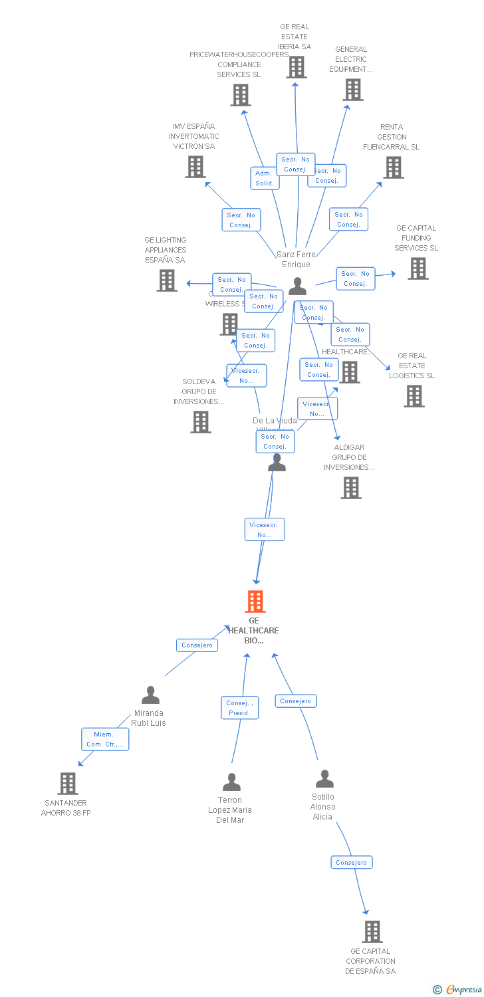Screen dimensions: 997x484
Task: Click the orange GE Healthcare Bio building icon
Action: (x=255, y=601)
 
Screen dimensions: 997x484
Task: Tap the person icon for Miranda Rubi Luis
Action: (x=151, y=695)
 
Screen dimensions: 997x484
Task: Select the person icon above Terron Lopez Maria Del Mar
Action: (x=231, y=782)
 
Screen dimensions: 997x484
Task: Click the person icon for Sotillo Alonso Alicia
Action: (x=324, y=778)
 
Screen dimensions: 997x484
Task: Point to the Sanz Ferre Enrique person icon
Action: (x=297, y=286)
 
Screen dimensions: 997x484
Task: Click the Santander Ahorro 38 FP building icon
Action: (x=68, y=784)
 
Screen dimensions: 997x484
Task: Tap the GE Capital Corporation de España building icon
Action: (x=372, y=932)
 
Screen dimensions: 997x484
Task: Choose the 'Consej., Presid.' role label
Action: (x=239, y=708)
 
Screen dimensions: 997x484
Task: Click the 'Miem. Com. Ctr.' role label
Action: (x=105, y=739)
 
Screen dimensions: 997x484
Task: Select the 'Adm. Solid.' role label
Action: (x=265, y=178)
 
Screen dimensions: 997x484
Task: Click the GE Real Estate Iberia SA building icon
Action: (x=296, y=66)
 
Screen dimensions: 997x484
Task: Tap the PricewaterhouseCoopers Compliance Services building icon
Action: (x=241, y=95)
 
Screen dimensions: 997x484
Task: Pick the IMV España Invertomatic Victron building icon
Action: (x=195, y=167)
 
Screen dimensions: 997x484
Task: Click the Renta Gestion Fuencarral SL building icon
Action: (x=393, y=167)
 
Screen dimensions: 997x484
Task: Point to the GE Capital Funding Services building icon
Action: (x=418, y=269)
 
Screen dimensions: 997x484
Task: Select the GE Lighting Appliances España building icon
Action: (x=167, y=280)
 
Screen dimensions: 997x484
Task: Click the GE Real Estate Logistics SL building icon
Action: (x=414, y=396)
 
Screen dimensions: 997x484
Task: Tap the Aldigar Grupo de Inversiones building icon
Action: (x=350, y=488)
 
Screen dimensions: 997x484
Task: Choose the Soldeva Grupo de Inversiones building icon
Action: (x=201, y=422)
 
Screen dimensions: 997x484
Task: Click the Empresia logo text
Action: (x=463, y=990)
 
